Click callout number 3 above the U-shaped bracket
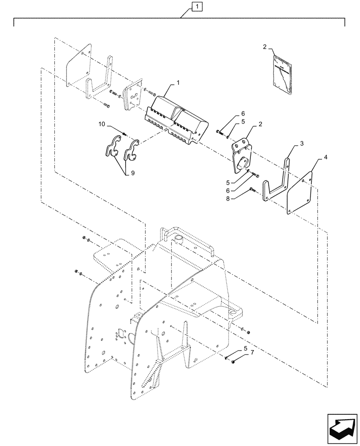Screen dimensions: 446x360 pyautogui.click(x=302, y=143)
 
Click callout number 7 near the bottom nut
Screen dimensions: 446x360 pyautogui.click(x=253, y=353)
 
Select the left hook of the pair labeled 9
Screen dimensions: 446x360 pyautogui.click(x=111, y=147)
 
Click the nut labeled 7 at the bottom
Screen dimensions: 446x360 pyautogui.click(x=233, y=362)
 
